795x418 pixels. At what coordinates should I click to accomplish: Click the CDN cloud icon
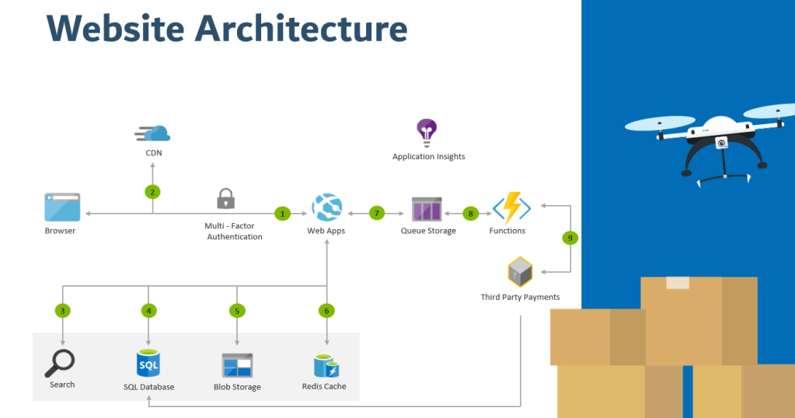pos(152,133)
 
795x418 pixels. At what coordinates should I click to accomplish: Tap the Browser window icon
pos(62,207)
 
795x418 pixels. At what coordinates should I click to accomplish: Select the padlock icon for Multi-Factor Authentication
pos(225,198)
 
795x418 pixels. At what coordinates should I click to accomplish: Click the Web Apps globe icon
pos(326,207)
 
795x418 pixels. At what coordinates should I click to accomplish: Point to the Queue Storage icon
pos(427,211)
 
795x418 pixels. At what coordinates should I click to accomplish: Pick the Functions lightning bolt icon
pos(511,207)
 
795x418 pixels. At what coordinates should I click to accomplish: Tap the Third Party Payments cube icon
pos(520,273)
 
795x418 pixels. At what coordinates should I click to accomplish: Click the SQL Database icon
pos(148,363)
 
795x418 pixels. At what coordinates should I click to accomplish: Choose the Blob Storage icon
pos(237,365)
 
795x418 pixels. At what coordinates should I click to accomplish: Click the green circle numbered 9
pos(570,239)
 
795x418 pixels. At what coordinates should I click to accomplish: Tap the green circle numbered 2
pos(152,191)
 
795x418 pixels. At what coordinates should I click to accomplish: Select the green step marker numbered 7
pos(378,212)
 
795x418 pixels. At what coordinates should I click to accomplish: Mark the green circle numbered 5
pos(237,311)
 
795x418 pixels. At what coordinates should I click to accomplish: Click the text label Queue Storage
pos(428,231)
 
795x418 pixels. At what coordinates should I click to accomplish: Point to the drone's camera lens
pos(722,143)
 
